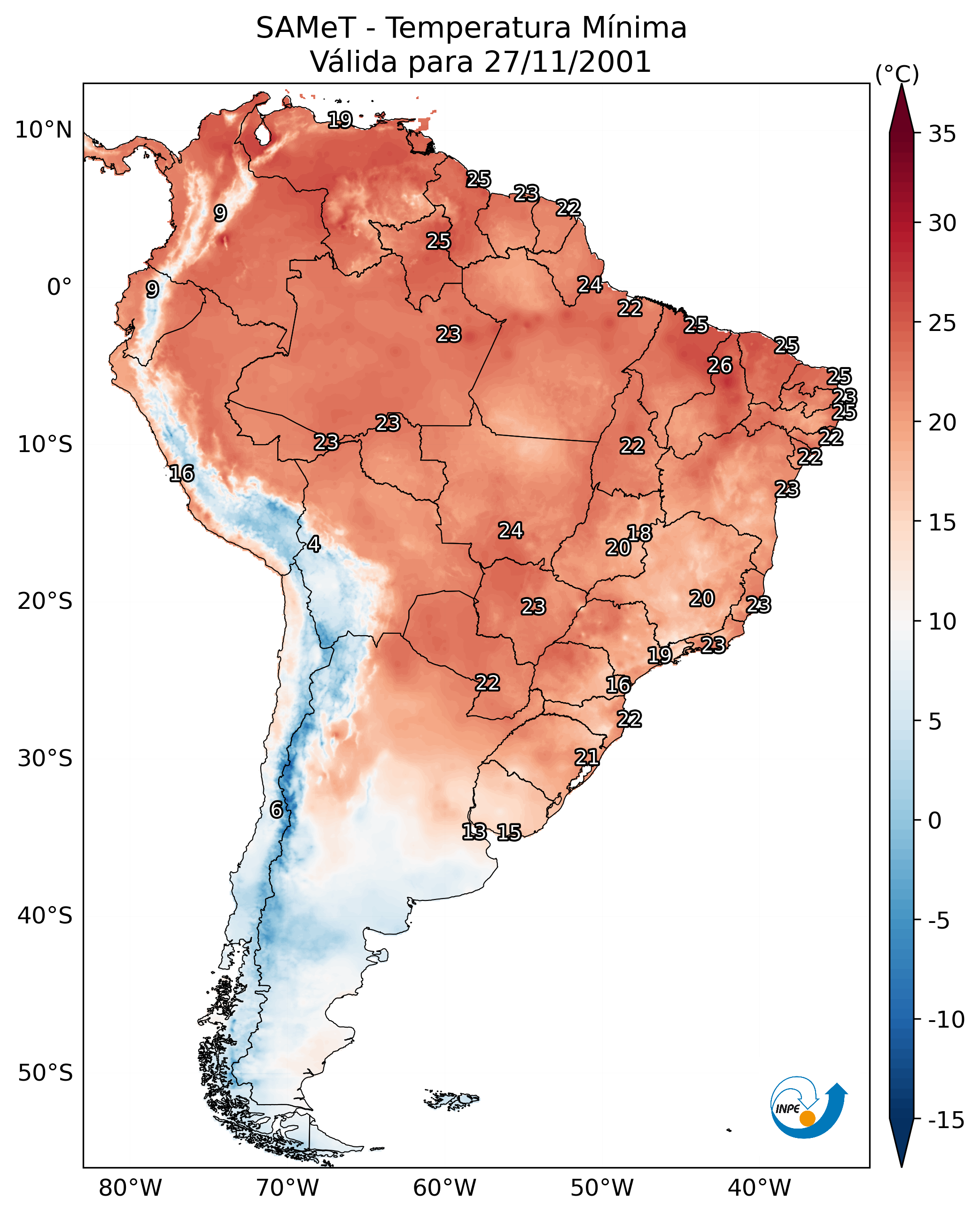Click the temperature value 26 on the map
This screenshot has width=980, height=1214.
tap(720, 366)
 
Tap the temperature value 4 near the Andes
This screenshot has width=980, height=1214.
tap(314, 544)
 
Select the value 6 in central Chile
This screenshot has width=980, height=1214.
tap(276, 809)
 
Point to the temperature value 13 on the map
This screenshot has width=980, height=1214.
tap(474, 831)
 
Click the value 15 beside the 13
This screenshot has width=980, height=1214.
tap(509, 832)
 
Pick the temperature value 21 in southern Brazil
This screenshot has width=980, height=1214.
tap(586, 757)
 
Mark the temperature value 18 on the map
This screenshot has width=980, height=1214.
tap(639, 532)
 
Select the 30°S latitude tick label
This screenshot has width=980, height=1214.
tap(45, 758)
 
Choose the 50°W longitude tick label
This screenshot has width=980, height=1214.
tap(602, 1188)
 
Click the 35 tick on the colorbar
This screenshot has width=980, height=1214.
tap(942, 134)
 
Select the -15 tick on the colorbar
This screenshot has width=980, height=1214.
tap(946, 1120)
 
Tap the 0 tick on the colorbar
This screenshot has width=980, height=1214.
tap(935, 820)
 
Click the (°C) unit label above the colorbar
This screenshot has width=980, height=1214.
tap(897, 74)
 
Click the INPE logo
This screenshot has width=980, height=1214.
tap(808, 1107)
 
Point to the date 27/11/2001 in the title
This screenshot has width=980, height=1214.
tap(568, 61)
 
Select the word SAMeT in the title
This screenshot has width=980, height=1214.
tap(305, 28)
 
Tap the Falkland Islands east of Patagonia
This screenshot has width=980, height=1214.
tap(451, 1099)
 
